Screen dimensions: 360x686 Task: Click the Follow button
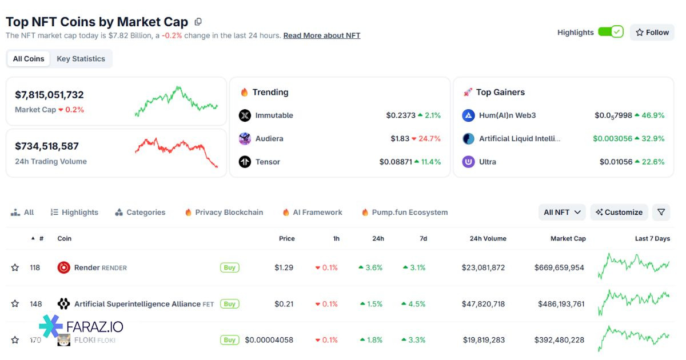652,33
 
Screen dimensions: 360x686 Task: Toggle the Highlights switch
611,32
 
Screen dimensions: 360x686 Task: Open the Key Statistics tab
81,59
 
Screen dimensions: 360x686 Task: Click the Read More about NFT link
322,35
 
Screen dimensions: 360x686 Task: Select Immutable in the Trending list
274,115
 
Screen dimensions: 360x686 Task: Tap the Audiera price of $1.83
400,139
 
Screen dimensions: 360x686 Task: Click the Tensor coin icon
245,162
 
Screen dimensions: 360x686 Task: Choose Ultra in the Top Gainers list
487,162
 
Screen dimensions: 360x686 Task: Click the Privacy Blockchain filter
229,213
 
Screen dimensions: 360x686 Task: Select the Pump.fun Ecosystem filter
409,213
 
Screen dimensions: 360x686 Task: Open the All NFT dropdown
562,213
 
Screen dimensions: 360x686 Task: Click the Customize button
619,213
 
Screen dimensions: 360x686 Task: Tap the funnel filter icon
661,213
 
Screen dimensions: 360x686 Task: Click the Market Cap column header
568,239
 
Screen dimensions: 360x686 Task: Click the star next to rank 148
15,304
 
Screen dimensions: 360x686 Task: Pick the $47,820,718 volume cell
483,304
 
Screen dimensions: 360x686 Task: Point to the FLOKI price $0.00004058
269,340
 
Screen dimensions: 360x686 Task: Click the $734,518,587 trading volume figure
47,146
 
